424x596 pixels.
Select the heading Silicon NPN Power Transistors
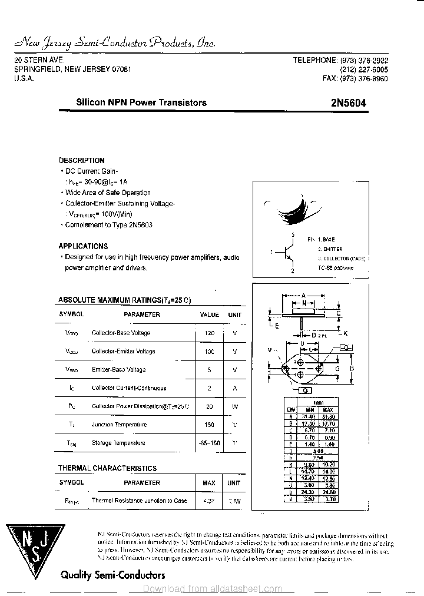[x=141, y=102]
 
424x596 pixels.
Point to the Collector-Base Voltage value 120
[x=209, y=333]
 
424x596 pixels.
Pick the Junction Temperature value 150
[x=209, y=425]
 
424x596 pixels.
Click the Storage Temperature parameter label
[x=118, y=443]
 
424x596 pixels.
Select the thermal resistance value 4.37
[x=209, y=501]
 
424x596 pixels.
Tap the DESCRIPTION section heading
[x=82, y=160]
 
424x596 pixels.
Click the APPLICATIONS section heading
[x=83, y=246]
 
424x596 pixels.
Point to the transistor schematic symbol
[x=287, y=252]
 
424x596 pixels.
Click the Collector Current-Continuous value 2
[x=209, y=388]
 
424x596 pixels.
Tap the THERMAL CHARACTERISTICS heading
[x=107, y=468]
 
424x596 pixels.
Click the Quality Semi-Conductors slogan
[x=113, y=575]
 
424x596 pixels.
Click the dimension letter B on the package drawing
[x=352, y=369]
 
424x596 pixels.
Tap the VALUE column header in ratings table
[x=209, y=315]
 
